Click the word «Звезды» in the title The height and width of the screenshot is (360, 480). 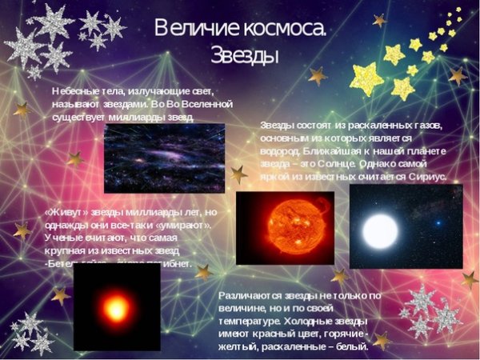click(245, 55)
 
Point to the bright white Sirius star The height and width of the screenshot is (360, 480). click(380, 230)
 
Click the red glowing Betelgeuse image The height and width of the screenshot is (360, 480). click(117, 307)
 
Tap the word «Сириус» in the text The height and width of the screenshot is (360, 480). click(426, 176)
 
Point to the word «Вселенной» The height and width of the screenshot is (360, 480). click(203, 104)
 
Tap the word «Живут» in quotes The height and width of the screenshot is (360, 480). click(67, 213)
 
